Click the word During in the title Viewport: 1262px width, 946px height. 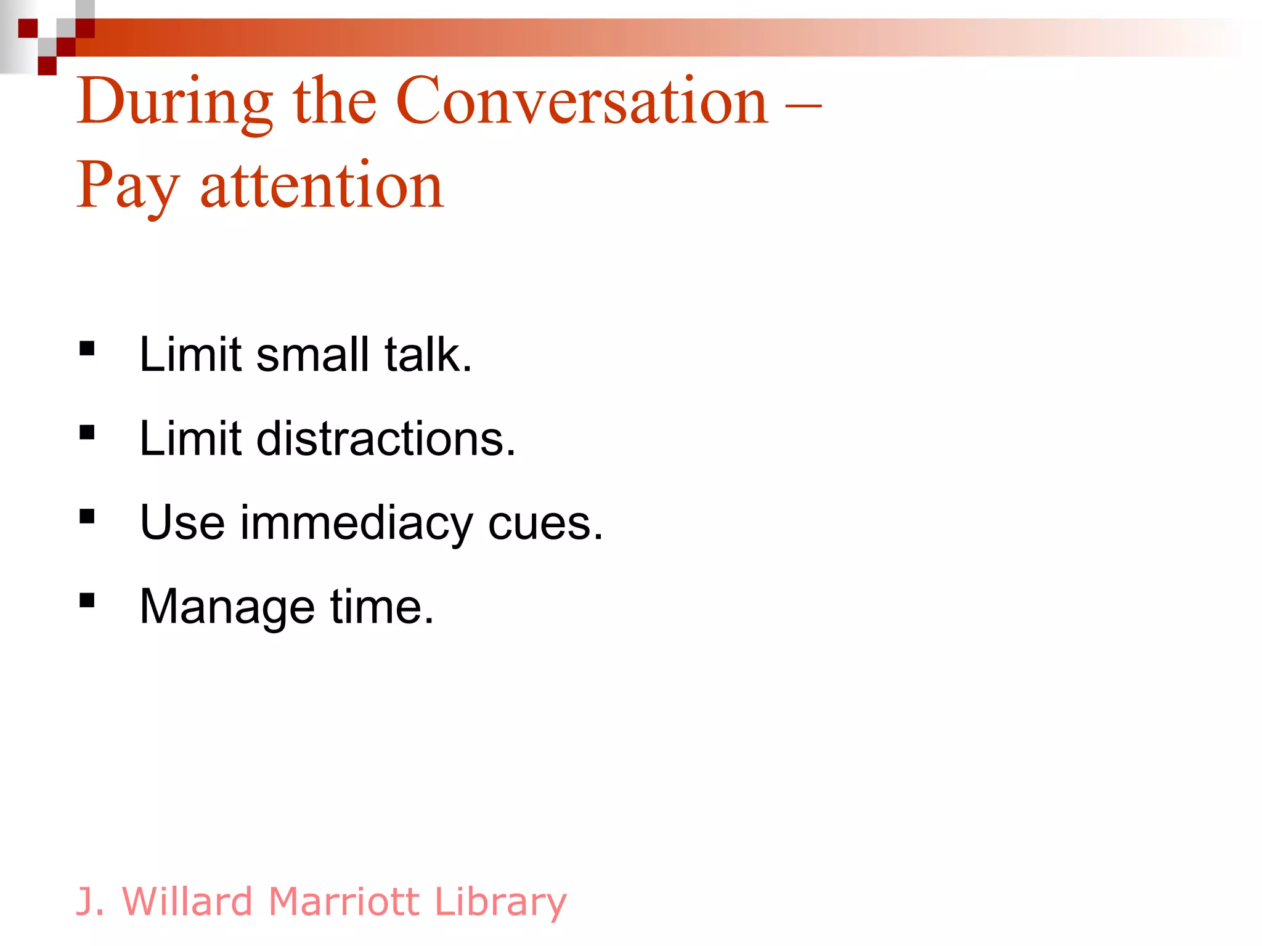[175, 102]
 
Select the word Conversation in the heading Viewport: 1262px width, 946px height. [582, 102]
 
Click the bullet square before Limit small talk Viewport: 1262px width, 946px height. [87, 349]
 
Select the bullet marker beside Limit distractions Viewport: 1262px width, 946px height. [87, 433]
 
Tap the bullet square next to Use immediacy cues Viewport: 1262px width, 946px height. [87, 516]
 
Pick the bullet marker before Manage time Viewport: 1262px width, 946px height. [87, 600]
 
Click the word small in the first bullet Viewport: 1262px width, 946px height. [312, 355]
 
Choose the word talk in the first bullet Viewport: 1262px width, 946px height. [428, 355]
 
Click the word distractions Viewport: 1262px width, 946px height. [386, 439]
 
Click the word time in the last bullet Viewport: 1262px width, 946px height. [382, 607]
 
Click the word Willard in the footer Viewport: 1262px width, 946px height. [188, 902]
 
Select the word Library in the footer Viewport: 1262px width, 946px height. [500, 903]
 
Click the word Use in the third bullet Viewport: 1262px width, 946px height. [182, 523]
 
